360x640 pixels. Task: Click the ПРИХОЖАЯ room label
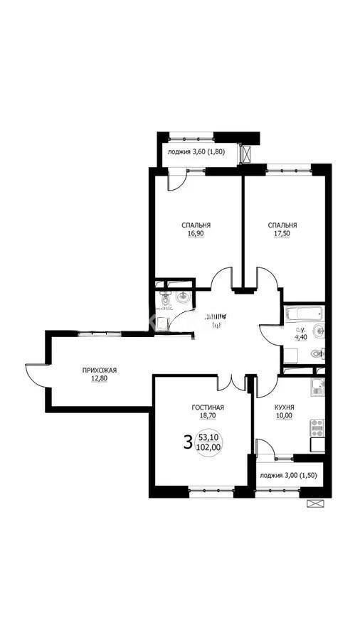pyautogui.click(x=99, y=370)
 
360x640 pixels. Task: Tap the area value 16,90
pyautogui.click(x=196, y=233)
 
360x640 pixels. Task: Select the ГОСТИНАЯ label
pyautogui.click(x=208, y=407)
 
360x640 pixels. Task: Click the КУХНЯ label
pyautogui.click(x=285, y=407)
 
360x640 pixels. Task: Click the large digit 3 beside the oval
pyautogui.click(x=188, y=442)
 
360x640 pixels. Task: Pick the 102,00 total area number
pyautogui.click(x=208, y=449)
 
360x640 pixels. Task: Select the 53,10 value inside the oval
pyautogui.click(x=208, y=437)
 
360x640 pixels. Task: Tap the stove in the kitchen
pyautogui.click(x=317, y=428)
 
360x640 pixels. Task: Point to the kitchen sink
pyautogui.click(x=318, y=387)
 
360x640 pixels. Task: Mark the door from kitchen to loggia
pyautogui.click(x=265, y=447)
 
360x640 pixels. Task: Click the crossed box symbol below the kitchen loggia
pyautogui.click(x=314, y=503)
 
